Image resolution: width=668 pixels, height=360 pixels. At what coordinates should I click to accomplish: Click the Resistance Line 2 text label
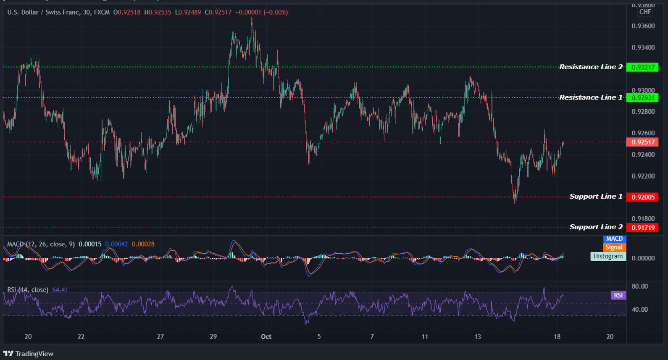pos(591,67)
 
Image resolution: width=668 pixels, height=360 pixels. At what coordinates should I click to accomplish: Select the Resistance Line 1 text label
pos(591,97)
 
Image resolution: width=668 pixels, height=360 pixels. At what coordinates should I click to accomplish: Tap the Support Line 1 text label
pos(596,197)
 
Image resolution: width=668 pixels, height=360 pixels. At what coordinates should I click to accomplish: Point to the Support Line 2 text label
pos(596,227)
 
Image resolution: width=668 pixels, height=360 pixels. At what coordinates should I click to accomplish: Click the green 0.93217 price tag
pos(642,67)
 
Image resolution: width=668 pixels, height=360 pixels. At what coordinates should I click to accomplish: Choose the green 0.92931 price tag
pos(642,98)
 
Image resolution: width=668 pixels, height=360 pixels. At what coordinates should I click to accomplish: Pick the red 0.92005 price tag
pos(642,197)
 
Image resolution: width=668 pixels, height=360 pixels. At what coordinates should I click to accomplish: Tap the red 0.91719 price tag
pos(642,228)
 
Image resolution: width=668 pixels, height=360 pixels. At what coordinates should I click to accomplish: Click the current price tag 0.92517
pos(642,142)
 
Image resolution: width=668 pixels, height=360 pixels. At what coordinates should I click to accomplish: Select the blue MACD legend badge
pos(614,239)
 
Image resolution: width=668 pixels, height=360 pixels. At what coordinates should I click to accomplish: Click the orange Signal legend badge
pos(614,247)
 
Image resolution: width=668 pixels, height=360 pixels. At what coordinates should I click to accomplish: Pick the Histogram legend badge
pos(608,256)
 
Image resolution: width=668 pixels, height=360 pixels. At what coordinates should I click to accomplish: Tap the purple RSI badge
pos(618,295)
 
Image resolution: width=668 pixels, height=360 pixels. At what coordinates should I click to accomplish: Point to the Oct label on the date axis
pos(266,336)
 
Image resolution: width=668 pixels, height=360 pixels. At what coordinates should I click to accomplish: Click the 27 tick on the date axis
pos(160,336)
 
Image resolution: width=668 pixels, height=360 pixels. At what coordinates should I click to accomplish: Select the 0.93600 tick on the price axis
pos(643,26)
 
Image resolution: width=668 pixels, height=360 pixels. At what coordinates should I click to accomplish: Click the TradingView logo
pos(28,354)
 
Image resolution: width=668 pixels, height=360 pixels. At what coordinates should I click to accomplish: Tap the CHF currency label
pos(645,12)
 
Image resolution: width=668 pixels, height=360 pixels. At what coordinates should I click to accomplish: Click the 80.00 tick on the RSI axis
pos(640,286)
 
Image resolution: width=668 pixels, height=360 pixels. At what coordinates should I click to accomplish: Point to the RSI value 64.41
pos(60,290)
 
